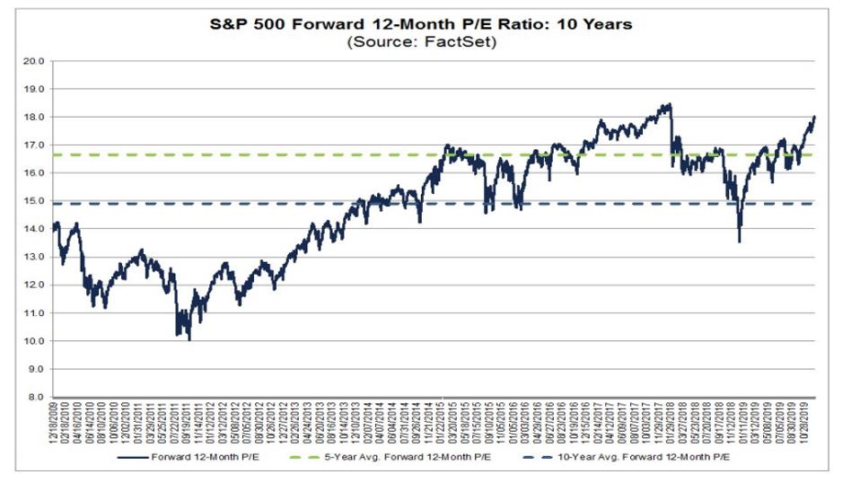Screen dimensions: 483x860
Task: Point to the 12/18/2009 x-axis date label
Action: [x=55, y=424]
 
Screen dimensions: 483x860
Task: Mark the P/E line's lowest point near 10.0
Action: [x=189, y=339]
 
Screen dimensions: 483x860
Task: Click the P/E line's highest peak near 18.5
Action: [x=669, y=104]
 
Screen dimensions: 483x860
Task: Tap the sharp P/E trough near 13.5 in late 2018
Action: [x=739, y=241]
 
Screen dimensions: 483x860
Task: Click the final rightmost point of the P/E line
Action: [x=814, y=117]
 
